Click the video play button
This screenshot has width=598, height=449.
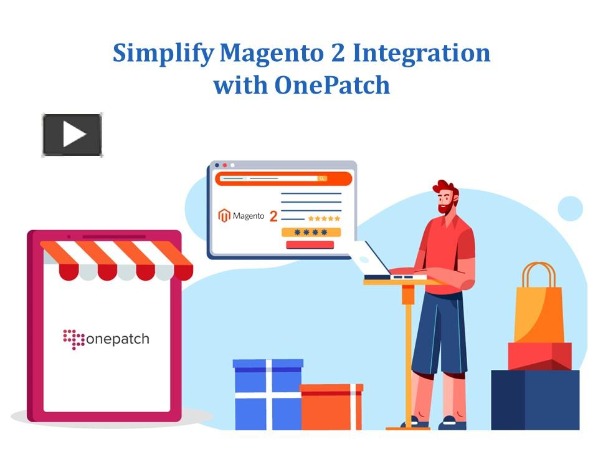pos(72,135)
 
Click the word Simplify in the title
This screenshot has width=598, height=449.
pos(163,54)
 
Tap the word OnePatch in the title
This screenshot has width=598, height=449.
pos(332,85)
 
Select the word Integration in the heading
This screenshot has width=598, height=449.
pos(422,54)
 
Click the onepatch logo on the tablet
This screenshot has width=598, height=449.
pos(106,339)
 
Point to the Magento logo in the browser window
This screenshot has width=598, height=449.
pos(241,216)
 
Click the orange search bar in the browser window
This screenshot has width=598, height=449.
pos(283,179)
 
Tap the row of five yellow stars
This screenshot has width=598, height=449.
pos(324,218)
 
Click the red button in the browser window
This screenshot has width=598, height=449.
pos(310,244)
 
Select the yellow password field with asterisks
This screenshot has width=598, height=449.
pos(311,232)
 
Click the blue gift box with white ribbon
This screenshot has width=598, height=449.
pos(268,394)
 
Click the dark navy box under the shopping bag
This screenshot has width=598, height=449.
pos(535,400)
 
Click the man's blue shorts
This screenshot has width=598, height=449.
pos(439,332)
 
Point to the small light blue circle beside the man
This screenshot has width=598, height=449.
pos(570,208)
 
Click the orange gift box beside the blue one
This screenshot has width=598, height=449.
pos(331,407)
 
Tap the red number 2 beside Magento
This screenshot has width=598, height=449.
pos(273,216)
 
